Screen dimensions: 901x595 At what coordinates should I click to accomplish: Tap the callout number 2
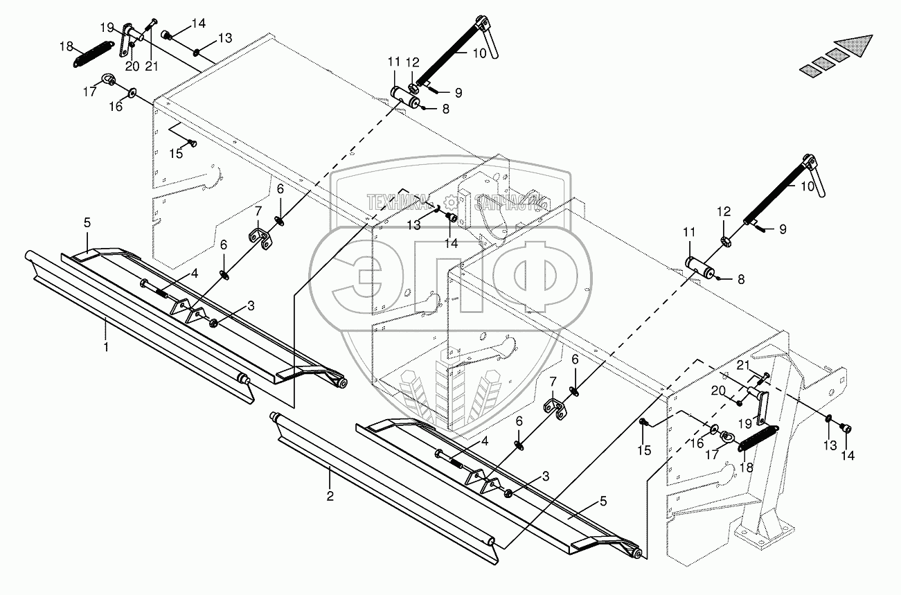coord(330,496)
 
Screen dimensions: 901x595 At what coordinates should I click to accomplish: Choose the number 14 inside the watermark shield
coord(452,243)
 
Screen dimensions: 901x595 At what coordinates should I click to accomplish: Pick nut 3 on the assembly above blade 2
coord(508,492)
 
